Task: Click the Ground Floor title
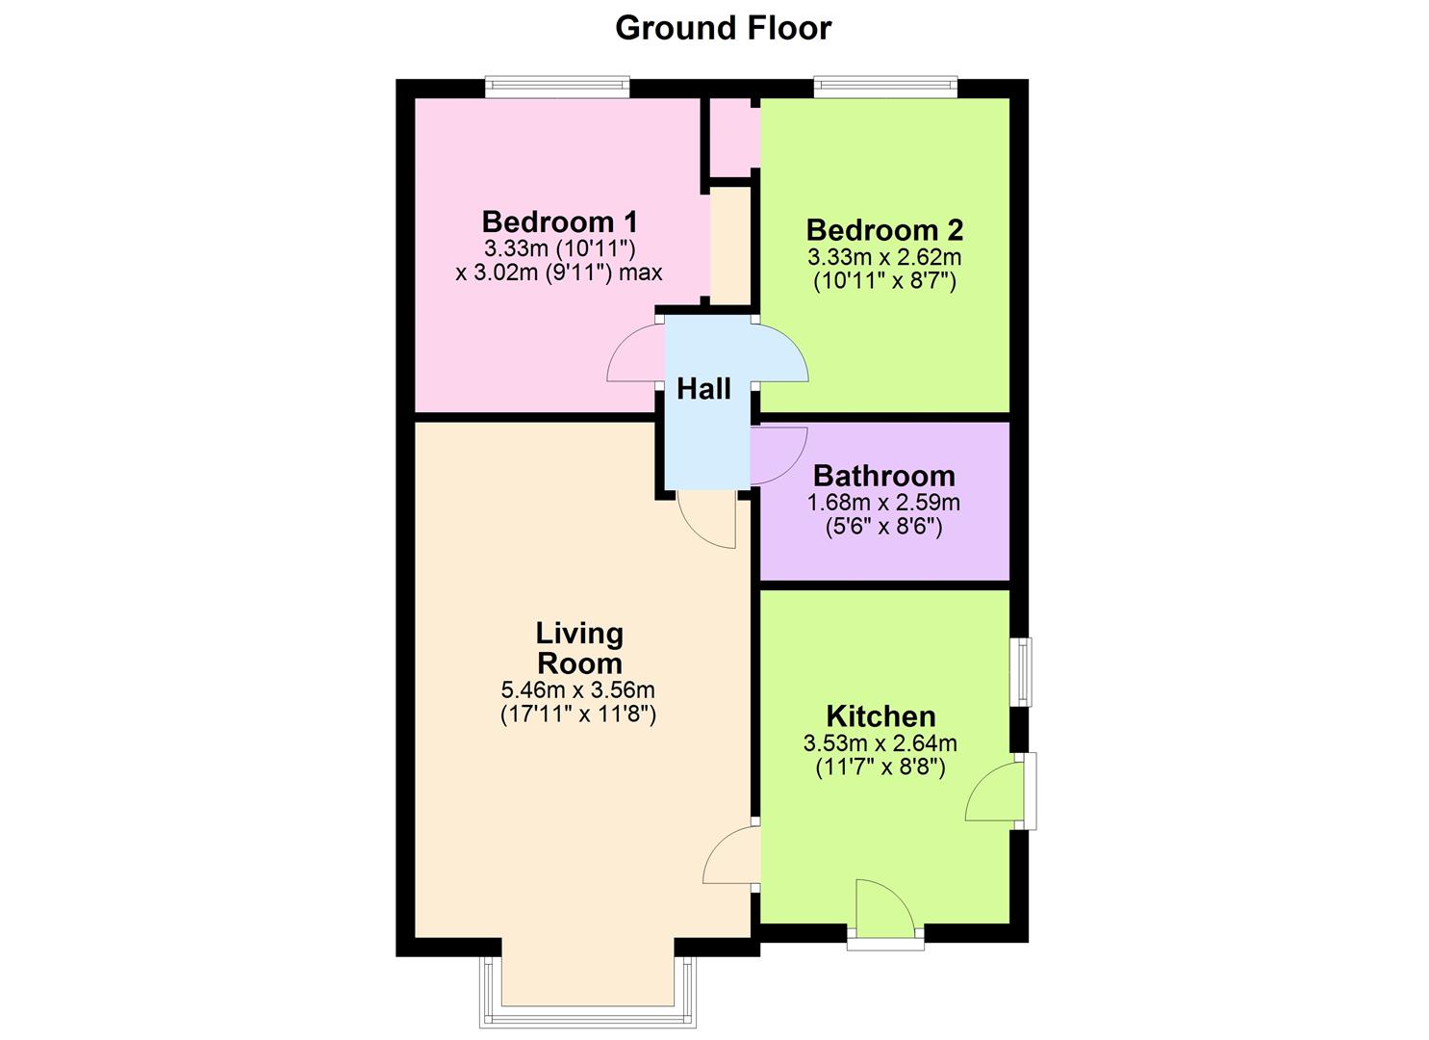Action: coord(723,28)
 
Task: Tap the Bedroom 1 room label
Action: coord(559,221)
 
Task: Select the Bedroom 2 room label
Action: coord(884,230)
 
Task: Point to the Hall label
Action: coord(703,389)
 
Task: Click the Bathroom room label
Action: coord(883,476)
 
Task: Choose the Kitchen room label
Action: coord(880,716)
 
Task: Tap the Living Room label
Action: coord(579,648)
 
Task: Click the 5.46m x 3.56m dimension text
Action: coord(577,689)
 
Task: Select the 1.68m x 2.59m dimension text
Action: coord(883,502)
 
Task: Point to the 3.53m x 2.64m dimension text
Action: coord(880,742)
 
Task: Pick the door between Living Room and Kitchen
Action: coord(730,855)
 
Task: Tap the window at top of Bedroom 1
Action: coord(557,88)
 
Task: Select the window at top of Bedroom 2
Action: coord(885,88)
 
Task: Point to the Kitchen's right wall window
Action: coord(1020,671)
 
